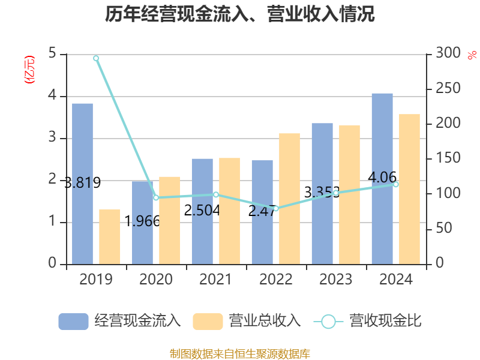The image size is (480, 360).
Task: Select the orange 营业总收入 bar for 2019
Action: point(110,236)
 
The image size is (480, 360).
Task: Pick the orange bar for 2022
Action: point(289,199)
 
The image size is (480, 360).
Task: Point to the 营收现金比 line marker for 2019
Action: point(96,58)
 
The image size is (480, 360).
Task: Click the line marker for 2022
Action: point(276,209)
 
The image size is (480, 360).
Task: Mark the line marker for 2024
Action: point(396,184)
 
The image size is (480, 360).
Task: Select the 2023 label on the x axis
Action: point(336,280)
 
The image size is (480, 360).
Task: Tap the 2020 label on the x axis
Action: point(156,280)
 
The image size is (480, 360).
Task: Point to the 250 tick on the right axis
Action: point(443,89)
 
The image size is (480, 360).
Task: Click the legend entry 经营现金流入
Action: point(120,321)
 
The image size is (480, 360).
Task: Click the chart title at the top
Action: point(240,14)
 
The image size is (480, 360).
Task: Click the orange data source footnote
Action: point(240,353)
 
